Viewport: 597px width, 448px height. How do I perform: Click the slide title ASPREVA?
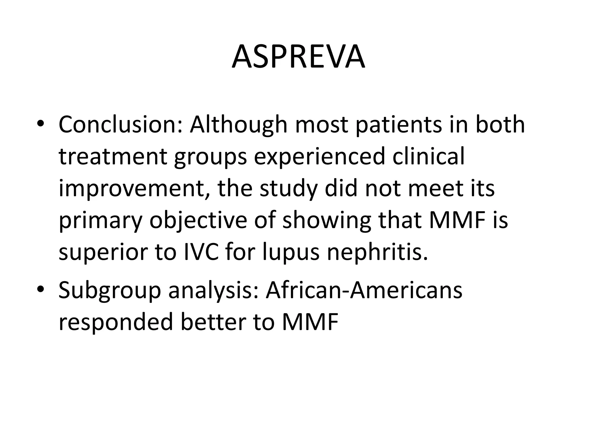pyautogui.click(x=298, y=57)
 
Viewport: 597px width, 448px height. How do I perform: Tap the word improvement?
pyautogui.click(x=134, y=189)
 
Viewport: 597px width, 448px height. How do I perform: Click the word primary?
pyautogui.click(x=100, y=221)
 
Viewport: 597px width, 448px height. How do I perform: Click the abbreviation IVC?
pyautogui.click(x=201, y=252)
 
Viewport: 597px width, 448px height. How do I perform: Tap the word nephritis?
pyautogui.click(x=377, y=253)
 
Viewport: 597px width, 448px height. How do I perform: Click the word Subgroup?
pyautogui.click(x=110, y=291)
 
